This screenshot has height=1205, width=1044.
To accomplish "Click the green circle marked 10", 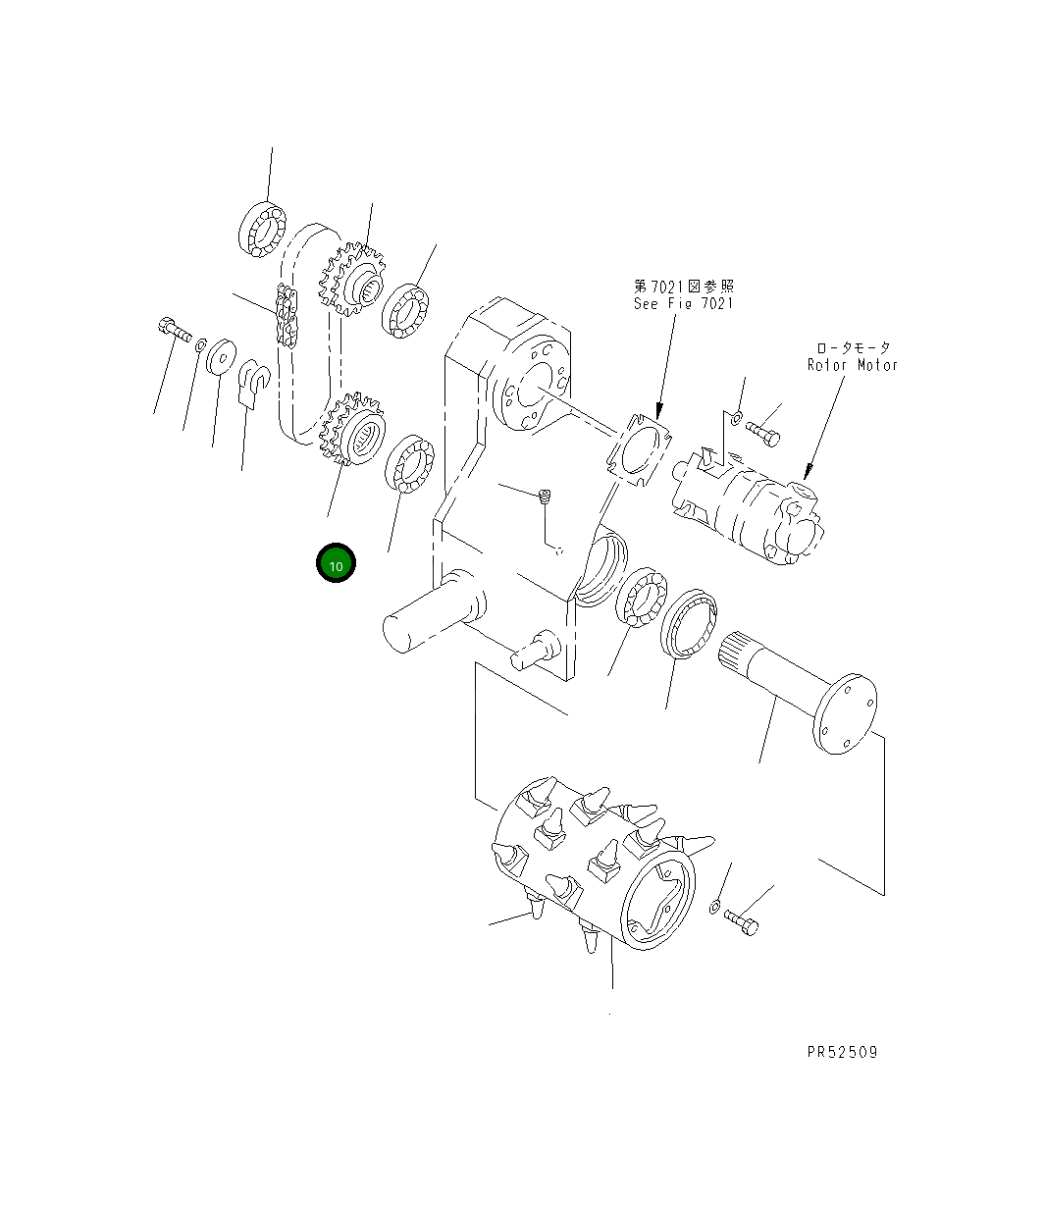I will point(336,564).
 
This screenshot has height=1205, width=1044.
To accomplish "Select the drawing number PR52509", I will point(842,1052).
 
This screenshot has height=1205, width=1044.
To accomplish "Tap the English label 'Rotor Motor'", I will point(852,365).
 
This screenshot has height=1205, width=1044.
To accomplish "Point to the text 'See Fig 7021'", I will point(683,303).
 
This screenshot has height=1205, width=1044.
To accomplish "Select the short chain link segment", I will point(287,315).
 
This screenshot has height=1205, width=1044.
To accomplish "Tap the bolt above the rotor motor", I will point(764,433).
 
